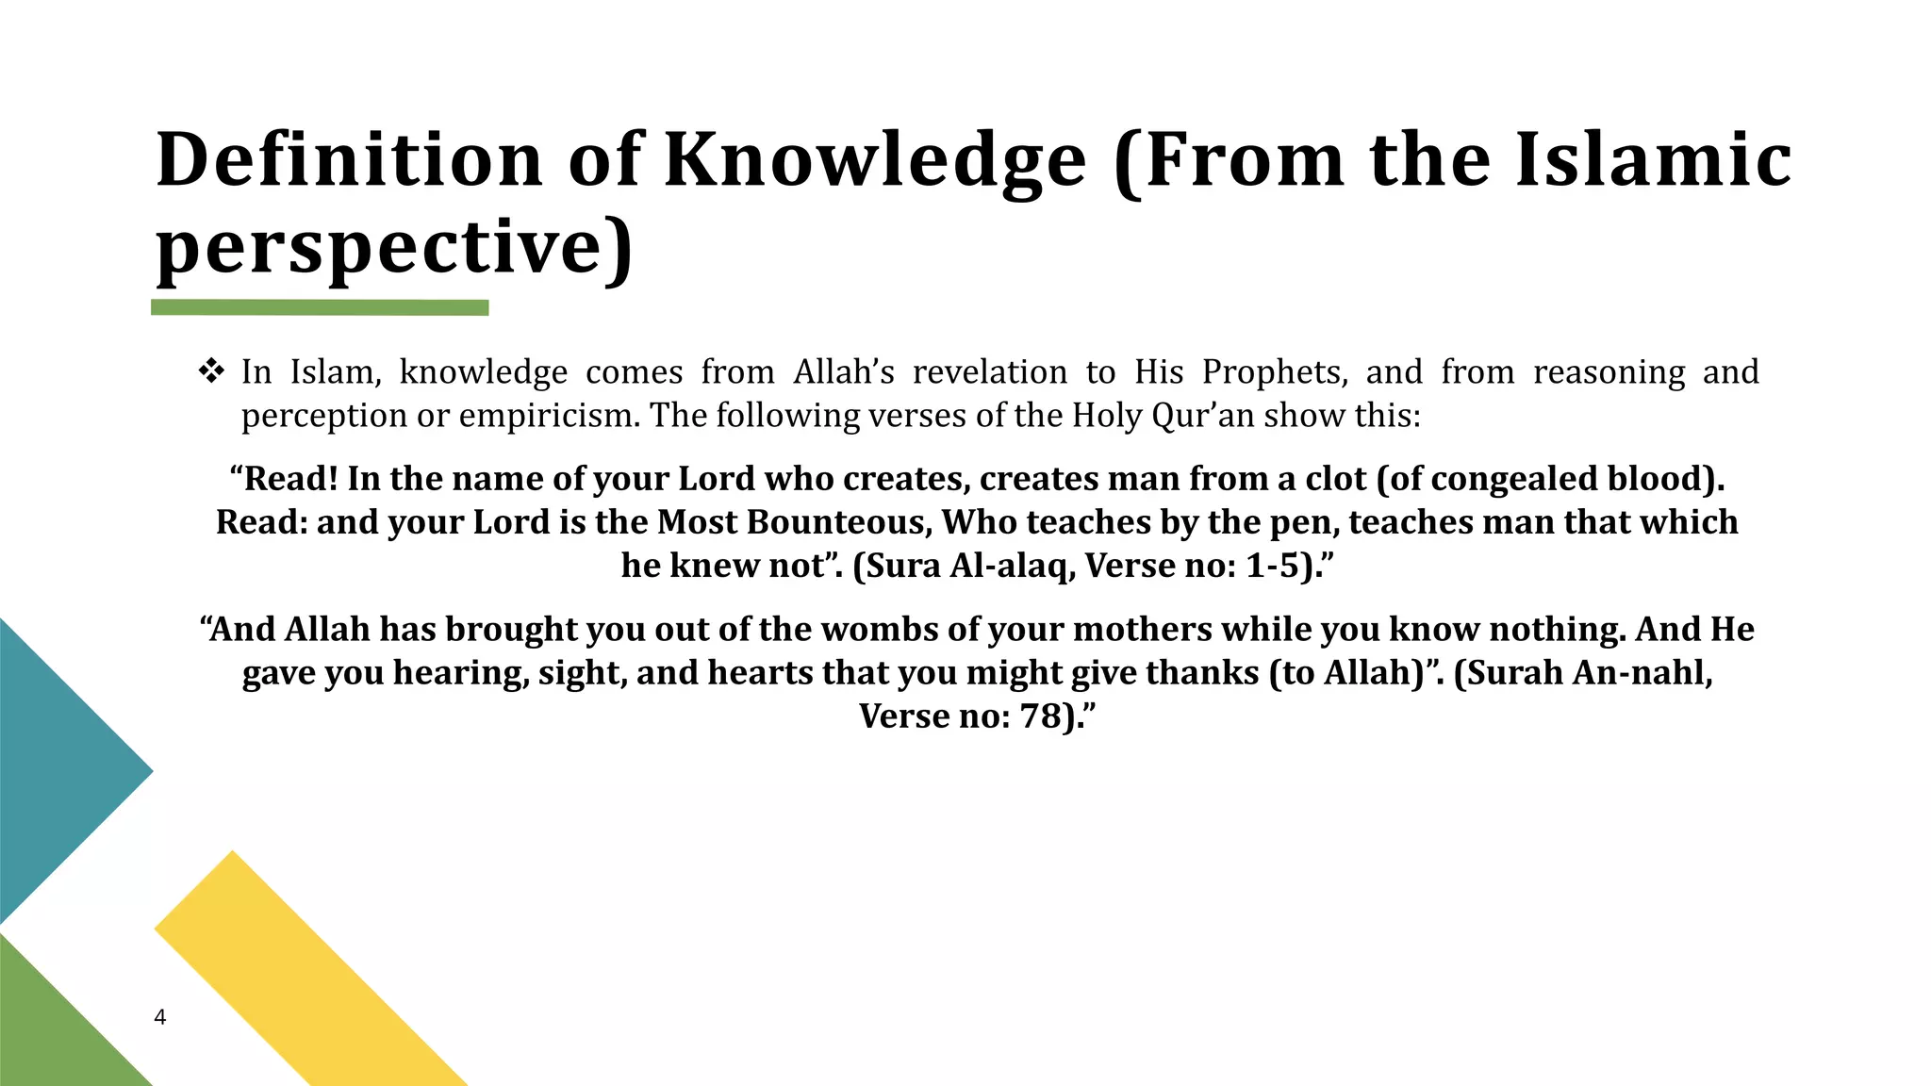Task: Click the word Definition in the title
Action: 349,159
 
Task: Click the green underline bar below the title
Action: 320,307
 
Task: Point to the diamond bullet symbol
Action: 211,371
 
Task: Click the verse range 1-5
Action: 1273,566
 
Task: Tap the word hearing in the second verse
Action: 461,673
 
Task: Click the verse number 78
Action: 1041,716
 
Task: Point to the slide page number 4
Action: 160,1017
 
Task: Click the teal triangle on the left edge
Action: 57,768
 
